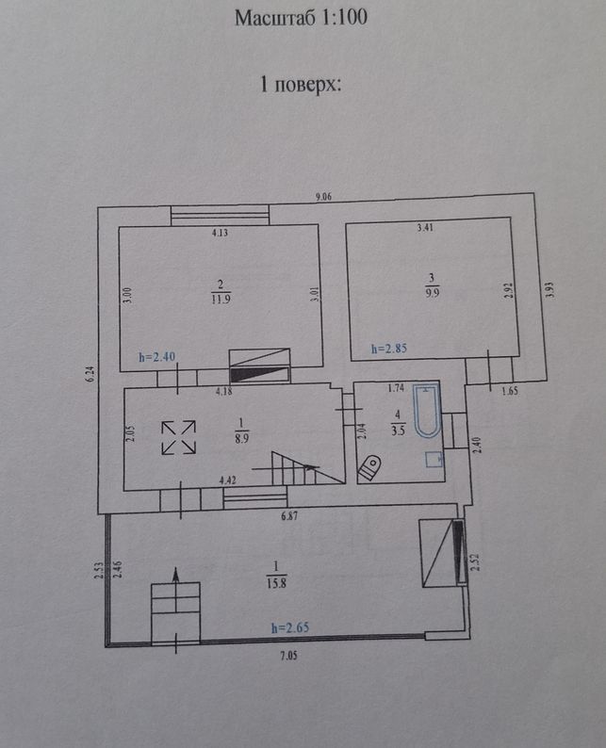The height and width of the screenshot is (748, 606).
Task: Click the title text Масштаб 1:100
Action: pyautogui.click(x=301, y=18)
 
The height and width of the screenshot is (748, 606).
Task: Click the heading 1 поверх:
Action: pyautogui.click(x=301, y=85)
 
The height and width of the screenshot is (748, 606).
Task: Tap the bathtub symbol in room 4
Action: pyautogui.click(x=427, y=411)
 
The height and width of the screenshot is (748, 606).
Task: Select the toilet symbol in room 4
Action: pyautogui.click(x=369, y=467)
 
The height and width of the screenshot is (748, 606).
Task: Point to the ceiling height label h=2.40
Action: pyautogui.click(x=157, y=356)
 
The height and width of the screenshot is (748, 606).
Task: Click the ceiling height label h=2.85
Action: pyautogui.click(x=389, y=349)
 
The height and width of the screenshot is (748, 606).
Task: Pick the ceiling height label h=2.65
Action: pyautogui.click(x=290, y=627)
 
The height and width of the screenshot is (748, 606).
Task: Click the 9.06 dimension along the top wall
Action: pyautogui.click(x=323, y=196)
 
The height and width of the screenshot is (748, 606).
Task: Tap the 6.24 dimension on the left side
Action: pyautogui.click(x=91, y=373)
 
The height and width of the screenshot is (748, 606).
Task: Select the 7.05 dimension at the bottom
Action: pyautogui.click(x=288, y=656)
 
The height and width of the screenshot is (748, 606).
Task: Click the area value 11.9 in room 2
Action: pyautogui.click(x=221, y=299)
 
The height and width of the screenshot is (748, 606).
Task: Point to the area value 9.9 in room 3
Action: pyautogui.click(x=433, y=292)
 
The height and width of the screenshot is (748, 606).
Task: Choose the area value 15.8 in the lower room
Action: pyautogui.click(x=276, y=583)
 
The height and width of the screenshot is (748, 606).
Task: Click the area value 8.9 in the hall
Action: pyautogui.click(x=241, y=437)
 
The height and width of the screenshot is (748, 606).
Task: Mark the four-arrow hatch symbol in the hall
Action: pyautogui.click(x=178, y=437)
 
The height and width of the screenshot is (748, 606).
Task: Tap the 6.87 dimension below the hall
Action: pyautogui.click(x=289, y=515)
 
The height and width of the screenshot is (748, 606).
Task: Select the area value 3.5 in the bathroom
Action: pyautogui.click(x=398, y=430)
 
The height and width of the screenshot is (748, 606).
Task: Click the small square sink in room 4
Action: pyautogui.click(x=434, y=460)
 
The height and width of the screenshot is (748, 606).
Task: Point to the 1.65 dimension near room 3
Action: pyautogui.click(x=510, y=391)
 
